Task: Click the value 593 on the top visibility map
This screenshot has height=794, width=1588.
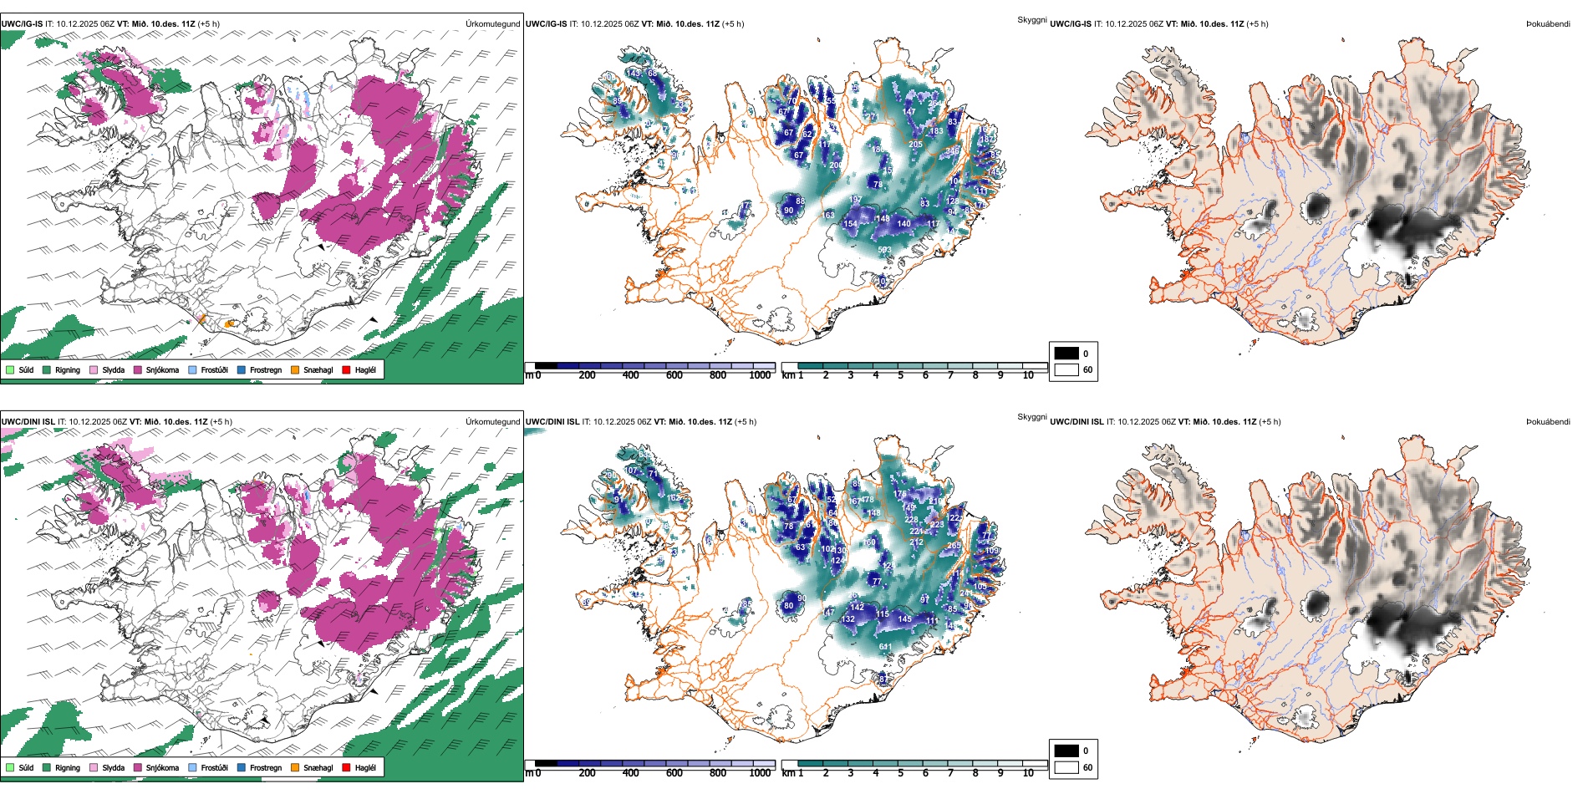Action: (x=884, y=250)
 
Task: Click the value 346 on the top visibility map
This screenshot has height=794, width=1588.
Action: (x=952, y=151)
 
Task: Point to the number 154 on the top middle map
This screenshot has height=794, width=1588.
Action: (x=850, y=224)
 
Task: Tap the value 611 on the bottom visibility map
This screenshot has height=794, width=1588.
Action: (x=884, y=647)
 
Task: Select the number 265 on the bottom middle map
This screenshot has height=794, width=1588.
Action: (x=954, y=546)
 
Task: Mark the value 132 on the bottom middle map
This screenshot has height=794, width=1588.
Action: (x=848, y=619)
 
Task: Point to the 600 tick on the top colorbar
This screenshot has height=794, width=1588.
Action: (x=674, y=375)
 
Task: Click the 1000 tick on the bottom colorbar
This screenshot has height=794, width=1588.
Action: (x=760, y=773)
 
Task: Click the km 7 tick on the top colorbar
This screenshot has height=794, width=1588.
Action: (x=950, y=375)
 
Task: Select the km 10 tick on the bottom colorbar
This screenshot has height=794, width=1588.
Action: (x=1028, y=773)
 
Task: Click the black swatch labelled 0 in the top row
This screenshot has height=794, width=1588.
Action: (x=1066, y=353)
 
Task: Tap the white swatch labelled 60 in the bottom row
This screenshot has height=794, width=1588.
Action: (x=1066, y=767)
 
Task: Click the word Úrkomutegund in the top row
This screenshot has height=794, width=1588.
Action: (x=492, y=24)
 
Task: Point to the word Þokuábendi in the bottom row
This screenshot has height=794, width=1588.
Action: (x=1548, y=422)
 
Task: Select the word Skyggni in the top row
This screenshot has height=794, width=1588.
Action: (x=1031, y=19)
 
